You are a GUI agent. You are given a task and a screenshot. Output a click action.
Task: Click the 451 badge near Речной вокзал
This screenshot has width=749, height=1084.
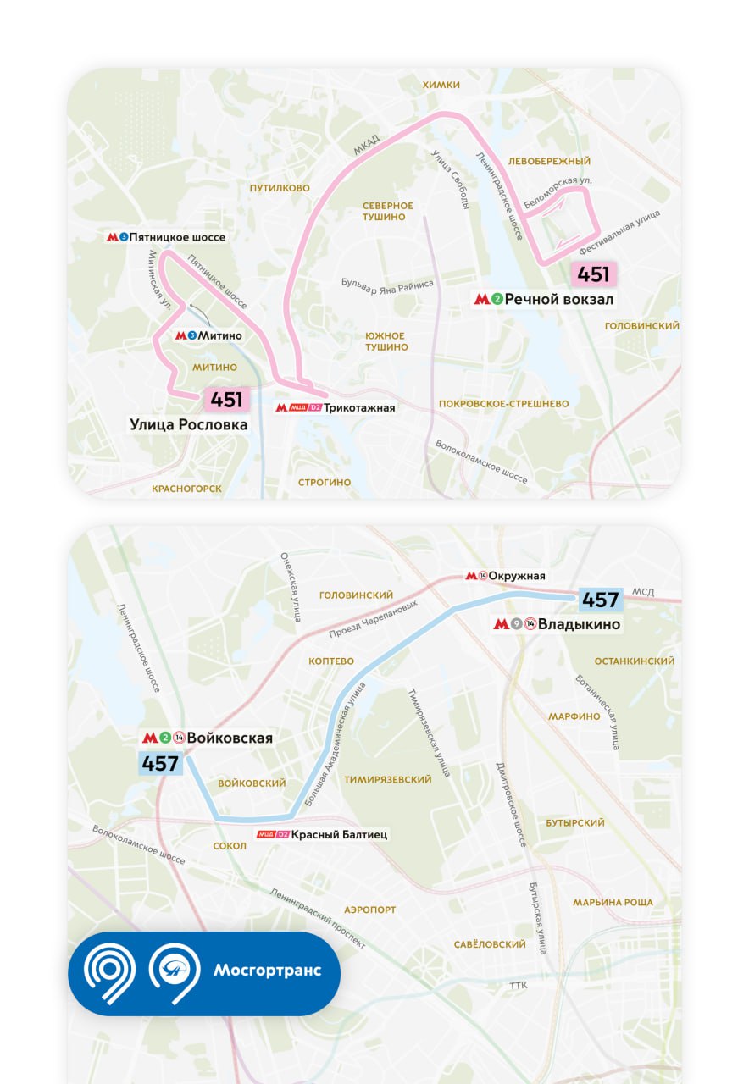pyautogui.click(x=593, y=274)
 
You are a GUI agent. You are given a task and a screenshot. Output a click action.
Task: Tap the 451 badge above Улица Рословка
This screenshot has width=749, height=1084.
pyautogui.click(x=226, y=400)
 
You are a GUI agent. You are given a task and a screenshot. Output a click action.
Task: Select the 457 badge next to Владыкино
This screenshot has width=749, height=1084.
pyautogui.click(x=601, y=600)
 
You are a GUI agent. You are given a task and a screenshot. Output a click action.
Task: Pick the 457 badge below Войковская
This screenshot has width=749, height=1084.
pyautogui.click(x=160, y=763)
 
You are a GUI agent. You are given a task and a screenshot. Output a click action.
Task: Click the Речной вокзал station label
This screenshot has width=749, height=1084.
pyautogui.click(x=558, y=299)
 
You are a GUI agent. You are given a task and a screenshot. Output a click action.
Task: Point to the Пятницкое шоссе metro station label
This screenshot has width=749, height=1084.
pyautogui.click(x=177, y=237)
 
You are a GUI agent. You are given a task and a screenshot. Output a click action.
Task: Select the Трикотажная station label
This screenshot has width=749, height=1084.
pyautogui.click(x=358, y=407)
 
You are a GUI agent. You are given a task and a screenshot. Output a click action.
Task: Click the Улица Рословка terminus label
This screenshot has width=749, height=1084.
pyautogui.click(x=189, y=424)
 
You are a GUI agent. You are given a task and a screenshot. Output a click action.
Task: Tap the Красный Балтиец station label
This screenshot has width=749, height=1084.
pyautogui.click(x=339, y=834)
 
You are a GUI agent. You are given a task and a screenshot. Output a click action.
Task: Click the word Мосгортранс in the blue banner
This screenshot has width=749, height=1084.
pyautogui.click(x=267, y=970)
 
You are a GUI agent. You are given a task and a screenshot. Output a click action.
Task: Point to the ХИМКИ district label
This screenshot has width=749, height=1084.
pyautogui.click(x=441, y=85)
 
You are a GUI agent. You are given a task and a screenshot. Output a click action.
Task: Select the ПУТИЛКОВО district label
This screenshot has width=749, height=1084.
pyautogui.click(x=280, y=188)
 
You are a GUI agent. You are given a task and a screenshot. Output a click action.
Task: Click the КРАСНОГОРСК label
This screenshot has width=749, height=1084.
pyautogui.click(x=186, y=489)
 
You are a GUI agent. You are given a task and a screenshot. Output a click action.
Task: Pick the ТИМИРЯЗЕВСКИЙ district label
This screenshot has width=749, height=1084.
pyautogui.click(x=388, y=779)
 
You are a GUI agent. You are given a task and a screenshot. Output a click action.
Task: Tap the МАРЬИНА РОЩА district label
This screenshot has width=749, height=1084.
pyautogui.click(x=613, y=903)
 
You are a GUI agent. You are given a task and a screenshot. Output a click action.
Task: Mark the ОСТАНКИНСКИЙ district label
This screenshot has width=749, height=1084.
pyautogui.click(x=635, y=661)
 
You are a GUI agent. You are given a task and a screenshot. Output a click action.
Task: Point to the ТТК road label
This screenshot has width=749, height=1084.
pyautogui.click(x=518, y=986)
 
